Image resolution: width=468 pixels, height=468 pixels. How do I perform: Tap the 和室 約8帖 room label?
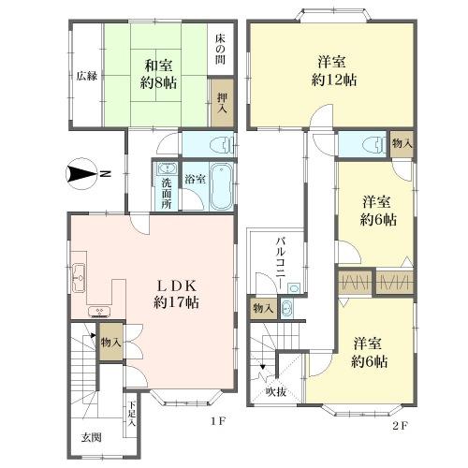158,74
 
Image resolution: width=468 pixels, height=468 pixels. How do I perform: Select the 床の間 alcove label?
221,49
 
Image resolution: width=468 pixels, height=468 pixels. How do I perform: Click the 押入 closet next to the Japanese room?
222,103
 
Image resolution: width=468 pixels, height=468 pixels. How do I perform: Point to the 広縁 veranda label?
87,76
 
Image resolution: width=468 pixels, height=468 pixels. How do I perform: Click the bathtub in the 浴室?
221,186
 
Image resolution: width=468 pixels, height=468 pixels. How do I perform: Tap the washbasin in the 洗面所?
168,168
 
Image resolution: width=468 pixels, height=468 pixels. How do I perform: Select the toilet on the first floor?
222,145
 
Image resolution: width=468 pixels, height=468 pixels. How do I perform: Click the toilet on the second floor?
374,145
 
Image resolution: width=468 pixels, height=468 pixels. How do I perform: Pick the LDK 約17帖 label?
176,294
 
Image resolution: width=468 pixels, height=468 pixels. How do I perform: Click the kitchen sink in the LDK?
79,277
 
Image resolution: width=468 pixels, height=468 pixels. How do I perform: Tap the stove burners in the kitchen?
99,312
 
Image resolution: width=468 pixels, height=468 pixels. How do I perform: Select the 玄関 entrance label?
91,437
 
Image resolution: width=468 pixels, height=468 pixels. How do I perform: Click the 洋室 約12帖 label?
334,71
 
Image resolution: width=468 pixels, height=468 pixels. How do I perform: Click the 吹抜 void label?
276,392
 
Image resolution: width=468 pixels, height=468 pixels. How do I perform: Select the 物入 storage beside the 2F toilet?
402,144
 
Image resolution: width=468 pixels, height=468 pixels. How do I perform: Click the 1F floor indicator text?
217,422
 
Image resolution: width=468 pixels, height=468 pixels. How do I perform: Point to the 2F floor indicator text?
400,426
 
